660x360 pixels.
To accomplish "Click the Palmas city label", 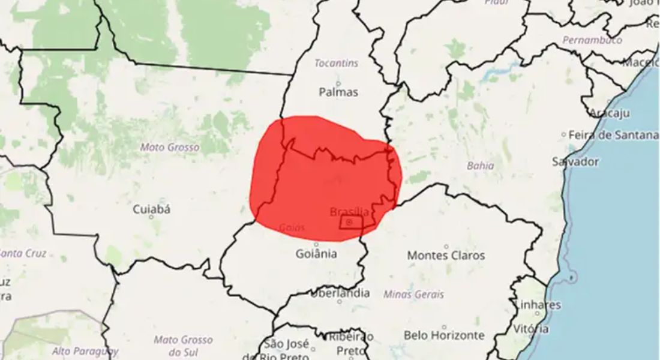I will tap(338, 92).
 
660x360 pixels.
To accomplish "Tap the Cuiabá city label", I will tap(151, 209).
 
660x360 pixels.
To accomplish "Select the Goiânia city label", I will tap(316, 254).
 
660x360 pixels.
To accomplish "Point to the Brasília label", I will tap(349, 212).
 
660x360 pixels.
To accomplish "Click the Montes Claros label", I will tap(446, 256).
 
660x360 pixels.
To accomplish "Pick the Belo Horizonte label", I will tap(443, 335).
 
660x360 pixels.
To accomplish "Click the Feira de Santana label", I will tap(613, 135).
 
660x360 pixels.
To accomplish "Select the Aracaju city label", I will tap(609, 113).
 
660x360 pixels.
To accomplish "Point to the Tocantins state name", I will tap(337, 63).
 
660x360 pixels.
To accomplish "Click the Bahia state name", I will tap(480, 166).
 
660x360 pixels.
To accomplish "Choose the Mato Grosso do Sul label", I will tap(182, 345).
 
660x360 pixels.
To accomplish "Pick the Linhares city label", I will tap(538, 305).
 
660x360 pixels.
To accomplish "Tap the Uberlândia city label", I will tap(340, 294).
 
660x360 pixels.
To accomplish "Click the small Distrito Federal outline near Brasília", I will tap(351, 223).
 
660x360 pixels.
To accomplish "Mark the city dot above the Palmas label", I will tap(338, 83).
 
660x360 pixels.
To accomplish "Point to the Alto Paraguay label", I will tap(85, 351).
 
